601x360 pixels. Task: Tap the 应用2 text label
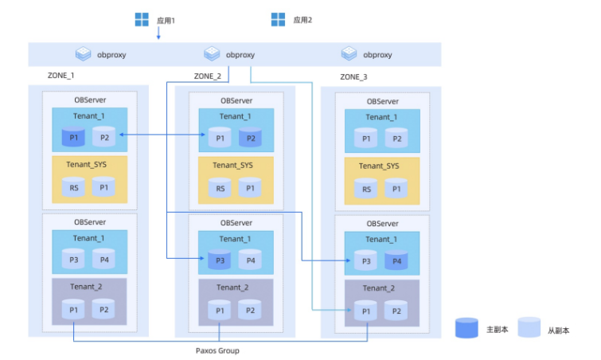302,19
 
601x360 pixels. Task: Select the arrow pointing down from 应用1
158,33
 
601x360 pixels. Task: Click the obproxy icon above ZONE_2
212,54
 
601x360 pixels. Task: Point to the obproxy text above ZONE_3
377,55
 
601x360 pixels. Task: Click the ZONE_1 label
61,76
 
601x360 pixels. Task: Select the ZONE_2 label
208,76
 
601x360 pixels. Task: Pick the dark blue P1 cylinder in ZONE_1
74,137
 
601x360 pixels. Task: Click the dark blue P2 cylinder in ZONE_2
250,138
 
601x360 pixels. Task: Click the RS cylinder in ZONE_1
74,188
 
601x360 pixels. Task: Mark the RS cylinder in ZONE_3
366,188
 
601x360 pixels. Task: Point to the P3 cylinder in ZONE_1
74,259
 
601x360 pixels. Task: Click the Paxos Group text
217,350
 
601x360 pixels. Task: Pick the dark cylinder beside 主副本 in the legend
466,328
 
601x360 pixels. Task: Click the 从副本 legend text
559,329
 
